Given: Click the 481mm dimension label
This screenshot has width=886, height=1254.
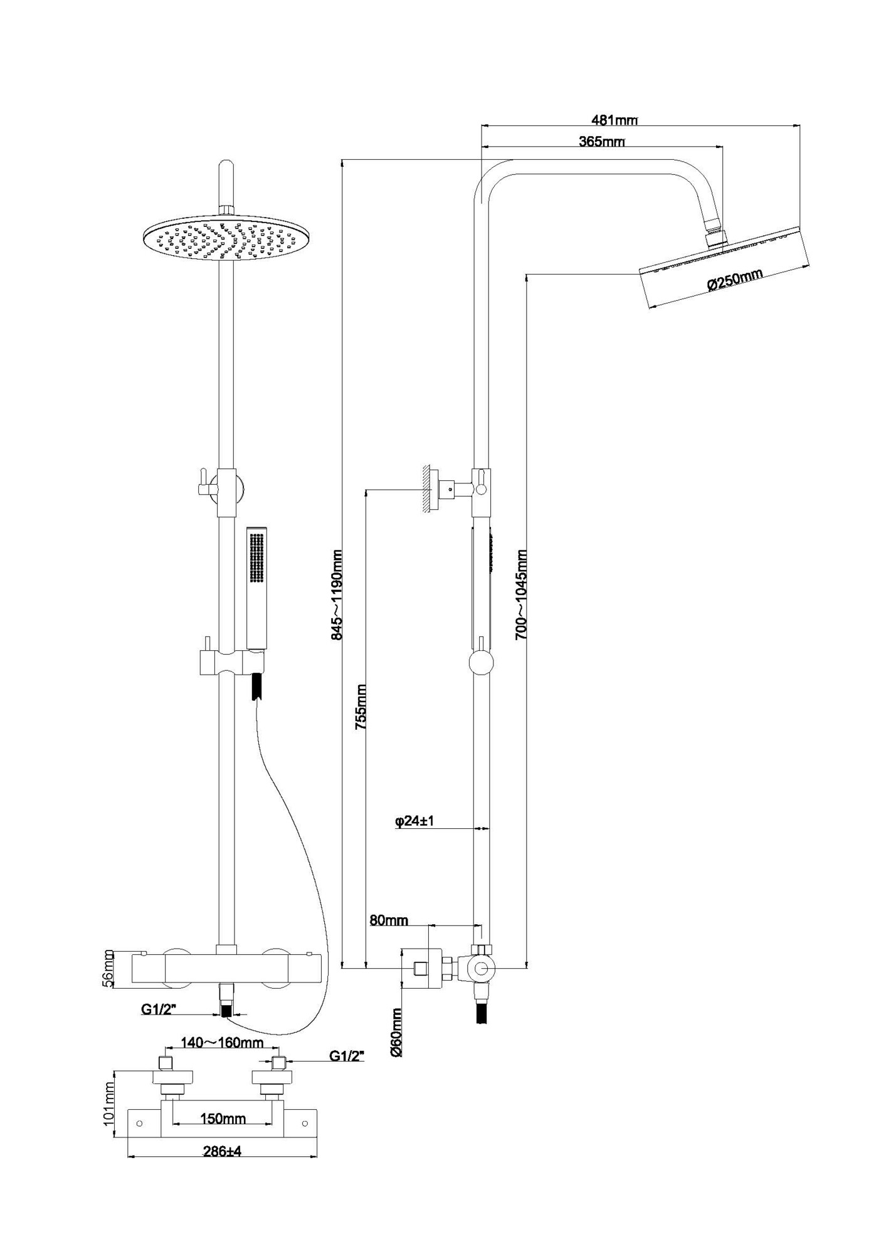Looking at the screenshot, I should [x=614, y=119].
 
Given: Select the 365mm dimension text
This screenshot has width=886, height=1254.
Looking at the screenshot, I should [x=601, y=142].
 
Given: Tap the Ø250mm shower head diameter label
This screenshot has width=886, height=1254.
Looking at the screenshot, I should [x=735, y=279].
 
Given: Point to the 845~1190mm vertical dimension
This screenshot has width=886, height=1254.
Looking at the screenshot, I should [x=337, y=594].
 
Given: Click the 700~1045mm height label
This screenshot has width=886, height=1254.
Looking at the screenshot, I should [x=521, y=594].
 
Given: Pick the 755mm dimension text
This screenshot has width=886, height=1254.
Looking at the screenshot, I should [x=361, y=707].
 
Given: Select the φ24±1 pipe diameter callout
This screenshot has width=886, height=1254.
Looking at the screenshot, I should [x=414, y=821].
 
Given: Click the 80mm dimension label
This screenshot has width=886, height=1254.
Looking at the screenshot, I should [x=389, y=920].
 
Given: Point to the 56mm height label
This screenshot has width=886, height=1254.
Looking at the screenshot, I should [x=108, y=969].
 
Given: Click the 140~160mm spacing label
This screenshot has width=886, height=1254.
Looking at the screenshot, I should [x=222, y=1043].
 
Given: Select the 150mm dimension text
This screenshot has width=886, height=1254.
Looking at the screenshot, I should [x=223, y=1119].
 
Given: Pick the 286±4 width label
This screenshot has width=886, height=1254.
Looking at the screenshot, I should [x=222, y=1151].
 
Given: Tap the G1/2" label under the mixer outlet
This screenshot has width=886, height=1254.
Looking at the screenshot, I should [x=158, y=1010].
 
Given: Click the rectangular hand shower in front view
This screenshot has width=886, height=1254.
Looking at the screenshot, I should [x=256, y=586].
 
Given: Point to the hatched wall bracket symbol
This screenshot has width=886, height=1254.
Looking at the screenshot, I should [x=429, y=488].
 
